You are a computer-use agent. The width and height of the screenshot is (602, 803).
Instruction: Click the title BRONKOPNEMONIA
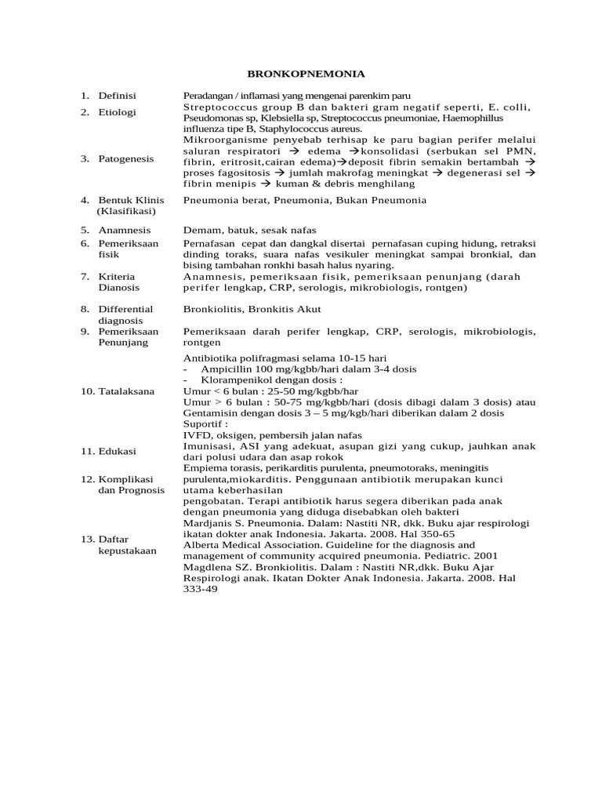306,74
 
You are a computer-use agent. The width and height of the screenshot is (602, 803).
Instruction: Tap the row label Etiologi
117,112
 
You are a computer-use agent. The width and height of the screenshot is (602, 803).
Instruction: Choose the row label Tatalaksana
126,391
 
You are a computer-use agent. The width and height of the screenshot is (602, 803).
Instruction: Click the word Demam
200,231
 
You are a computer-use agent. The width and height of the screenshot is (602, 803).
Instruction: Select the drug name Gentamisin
212,413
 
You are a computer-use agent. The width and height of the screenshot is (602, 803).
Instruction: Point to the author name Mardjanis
209,523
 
